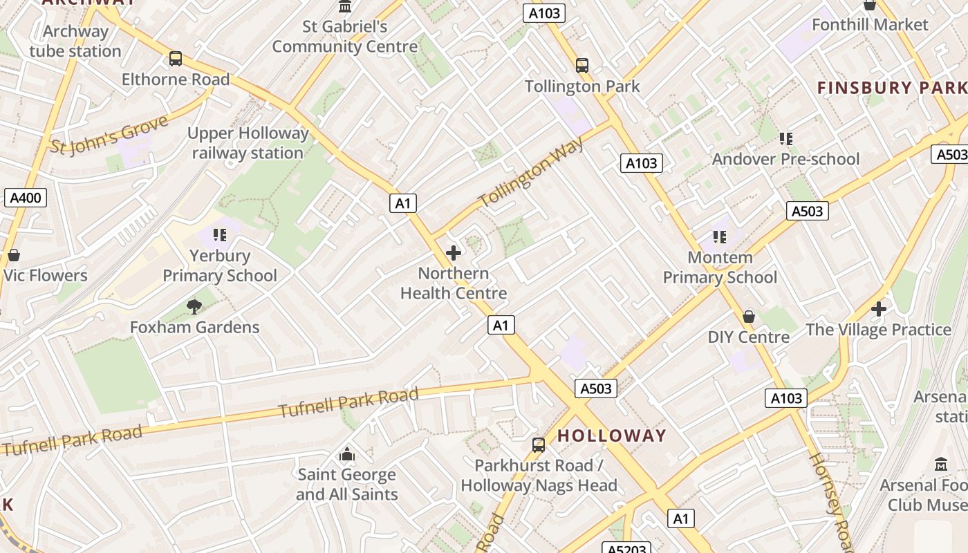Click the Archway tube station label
[x=75, y=41]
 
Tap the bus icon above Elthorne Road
[x=176, y=59]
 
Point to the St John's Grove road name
[x=109, y=135]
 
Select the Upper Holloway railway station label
[x=248, y=143]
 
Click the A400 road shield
[x=26, y=198]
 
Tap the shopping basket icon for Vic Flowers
[x=13, y=256]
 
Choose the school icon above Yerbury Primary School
[x=220, y=235]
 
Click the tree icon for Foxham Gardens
[x=194, y=306]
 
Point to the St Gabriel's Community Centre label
[x=344, y=37]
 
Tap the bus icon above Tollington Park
[x=582, y=66]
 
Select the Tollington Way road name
[x=531, y=172]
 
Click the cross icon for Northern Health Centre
[x=454, y=253]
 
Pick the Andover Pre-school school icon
[x=785, y=139]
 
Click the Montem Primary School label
[x=720, y=268]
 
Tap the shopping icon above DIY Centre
[x=748, y=317]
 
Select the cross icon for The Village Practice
[x=878, y=309]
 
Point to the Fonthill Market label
[x=869, y=25]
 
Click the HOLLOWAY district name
[x=611, y=436]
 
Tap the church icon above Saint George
[x=346, y=454]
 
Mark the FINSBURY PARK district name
[x=892, y=88]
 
